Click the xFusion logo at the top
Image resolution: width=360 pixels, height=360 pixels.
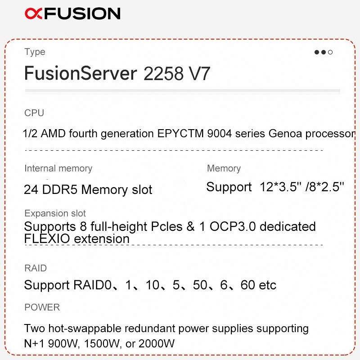click(x=72, y=13)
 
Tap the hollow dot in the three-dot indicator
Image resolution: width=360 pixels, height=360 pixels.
click(x=330, y=53)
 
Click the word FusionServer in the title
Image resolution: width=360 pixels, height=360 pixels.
click(x=80, y=73)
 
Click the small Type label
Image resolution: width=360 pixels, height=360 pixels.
click(x=35, y=52)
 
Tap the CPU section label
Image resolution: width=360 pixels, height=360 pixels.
click(x=34, y=113)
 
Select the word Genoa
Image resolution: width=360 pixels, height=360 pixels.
click(x=286, y=134)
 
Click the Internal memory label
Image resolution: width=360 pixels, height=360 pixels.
click(x=58, y=168)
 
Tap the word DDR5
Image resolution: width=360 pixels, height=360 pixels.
click(x=60, y=189)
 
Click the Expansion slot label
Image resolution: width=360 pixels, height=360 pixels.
click(x=55, y=213)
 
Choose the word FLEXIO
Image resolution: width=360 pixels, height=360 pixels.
click(x=47, y=238)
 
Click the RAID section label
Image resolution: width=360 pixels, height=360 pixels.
click(x=36, y=268)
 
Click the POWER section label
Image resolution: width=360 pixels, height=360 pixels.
click(x=42, y=307)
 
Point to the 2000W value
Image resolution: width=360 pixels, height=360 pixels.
click(x=157, y=344)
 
